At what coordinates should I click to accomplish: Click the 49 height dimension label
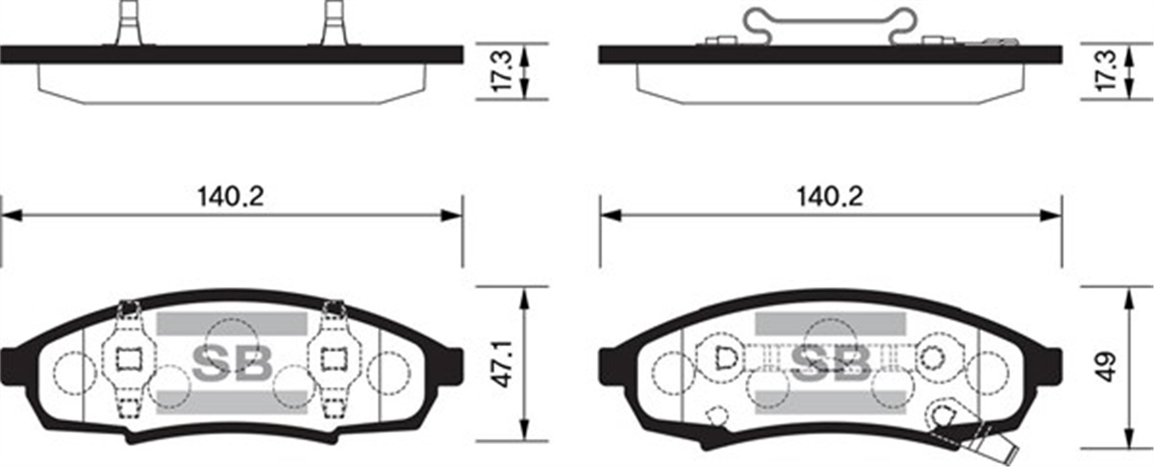(1109, 366)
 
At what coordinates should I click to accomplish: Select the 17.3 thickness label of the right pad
(1109, 70)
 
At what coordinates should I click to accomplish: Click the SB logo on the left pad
(232, 360)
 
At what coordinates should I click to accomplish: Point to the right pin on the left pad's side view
(334, 22)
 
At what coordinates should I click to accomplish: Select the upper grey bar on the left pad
(230, 325)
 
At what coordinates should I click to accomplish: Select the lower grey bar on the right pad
(830, 397)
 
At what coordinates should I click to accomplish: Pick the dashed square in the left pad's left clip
(128, 358)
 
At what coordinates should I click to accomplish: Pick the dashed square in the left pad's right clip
(334, 358)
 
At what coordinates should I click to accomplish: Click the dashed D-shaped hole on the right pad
(726, 357)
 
